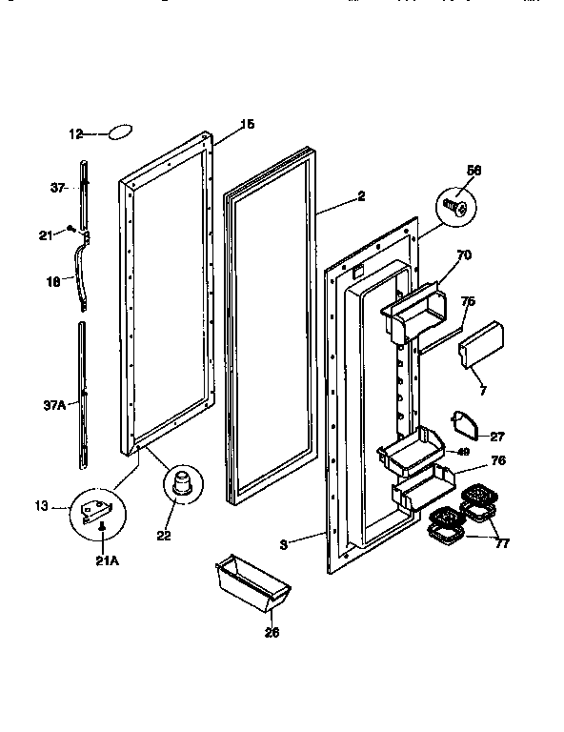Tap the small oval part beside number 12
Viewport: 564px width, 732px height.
[x=120, y=132]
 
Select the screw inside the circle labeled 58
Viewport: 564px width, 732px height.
[x=455, y=206]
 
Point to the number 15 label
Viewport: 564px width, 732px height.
[x=247, y=124]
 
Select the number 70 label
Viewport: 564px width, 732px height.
[x=464, y=256]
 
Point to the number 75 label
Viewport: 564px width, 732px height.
[x=468, y=303]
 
